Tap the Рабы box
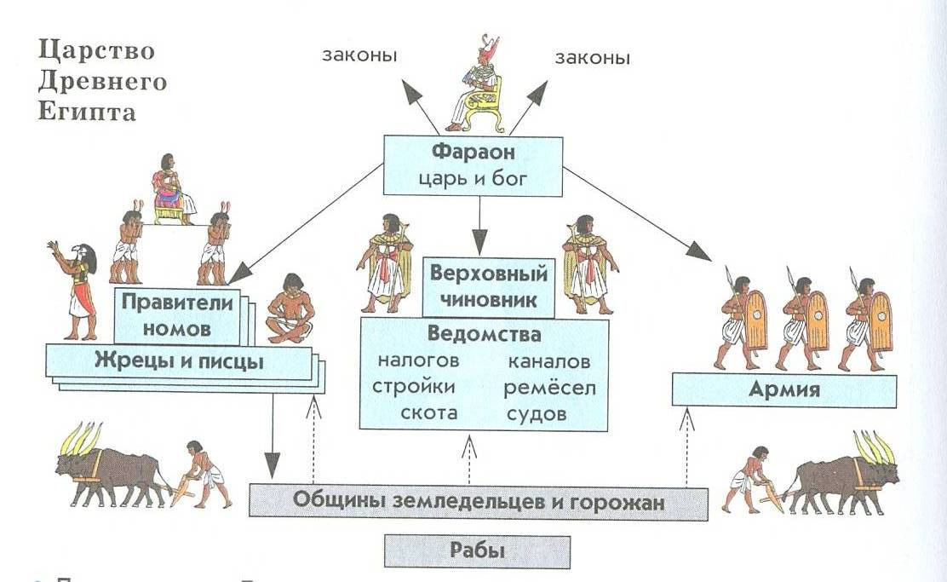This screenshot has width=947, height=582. click(x=477, y=550)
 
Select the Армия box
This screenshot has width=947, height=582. click(x=783, y=390)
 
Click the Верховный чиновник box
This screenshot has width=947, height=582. click(x=488, y=288)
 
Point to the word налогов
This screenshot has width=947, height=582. click(x=418, y=360)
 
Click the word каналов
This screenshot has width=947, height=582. click(x=548, y=360)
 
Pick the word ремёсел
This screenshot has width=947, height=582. click(x=548, y=388)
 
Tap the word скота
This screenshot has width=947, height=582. click(x=429, y=413)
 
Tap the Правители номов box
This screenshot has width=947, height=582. click(x=177, y=314)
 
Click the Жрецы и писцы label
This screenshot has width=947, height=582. click(x=179, y=361)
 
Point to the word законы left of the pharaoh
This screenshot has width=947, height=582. click(x=359, y=57)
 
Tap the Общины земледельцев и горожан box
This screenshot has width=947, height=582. click(x=478, y=502)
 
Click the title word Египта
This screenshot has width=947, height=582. click(x=87, y=112)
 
